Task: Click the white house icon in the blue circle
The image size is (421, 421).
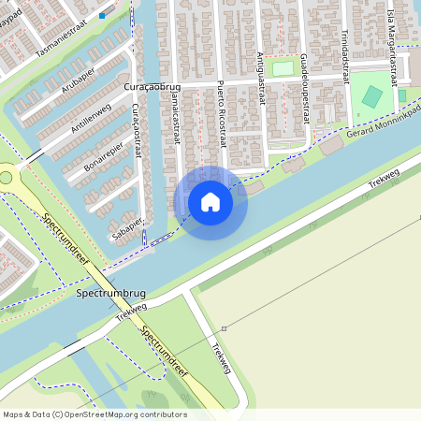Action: click(210, 202)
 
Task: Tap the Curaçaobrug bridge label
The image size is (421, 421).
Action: click(152, 87)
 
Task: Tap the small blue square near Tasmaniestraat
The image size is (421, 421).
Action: click(102, 16)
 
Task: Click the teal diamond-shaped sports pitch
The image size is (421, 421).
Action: click(372, 96)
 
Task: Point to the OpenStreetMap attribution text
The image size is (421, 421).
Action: click(94, 414)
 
